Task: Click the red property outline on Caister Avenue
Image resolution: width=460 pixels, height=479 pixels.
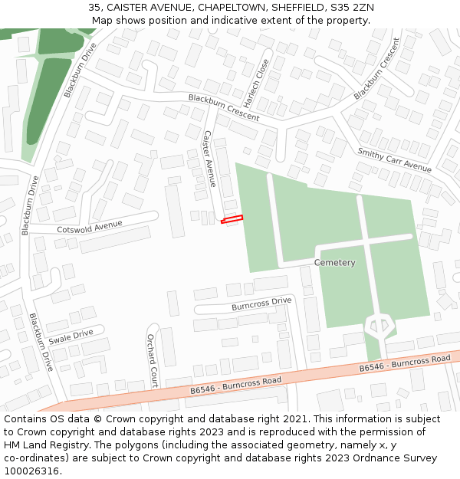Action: click(232, 220)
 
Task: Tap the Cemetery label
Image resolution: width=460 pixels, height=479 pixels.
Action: click(335, 263)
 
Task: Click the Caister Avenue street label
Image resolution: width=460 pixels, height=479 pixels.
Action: click(209, 159)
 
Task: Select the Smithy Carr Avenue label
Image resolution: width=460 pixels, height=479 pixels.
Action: click(394, 159)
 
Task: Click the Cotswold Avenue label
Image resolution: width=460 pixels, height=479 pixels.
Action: click(90, 227)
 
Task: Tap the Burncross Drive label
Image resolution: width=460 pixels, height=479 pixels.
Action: click(261, 304)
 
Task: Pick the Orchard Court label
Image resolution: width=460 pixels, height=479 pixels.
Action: click(152, 359)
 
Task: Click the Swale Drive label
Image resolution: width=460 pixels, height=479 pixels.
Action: click(71, 336)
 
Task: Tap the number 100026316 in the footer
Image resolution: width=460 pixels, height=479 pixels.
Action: click(31, 471)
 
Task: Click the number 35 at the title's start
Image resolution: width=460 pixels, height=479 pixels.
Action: click(93, 8)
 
